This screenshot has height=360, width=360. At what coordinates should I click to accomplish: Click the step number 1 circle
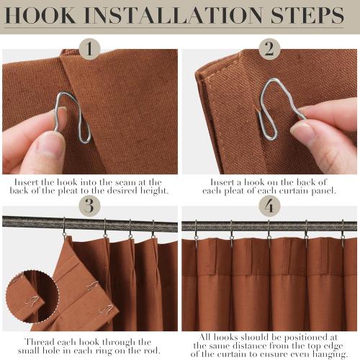[89, 50]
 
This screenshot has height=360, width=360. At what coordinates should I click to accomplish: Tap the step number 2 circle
[269, 50]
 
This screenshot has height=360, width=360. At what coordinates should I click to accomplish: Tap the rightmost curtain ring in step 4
[342, 233]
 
